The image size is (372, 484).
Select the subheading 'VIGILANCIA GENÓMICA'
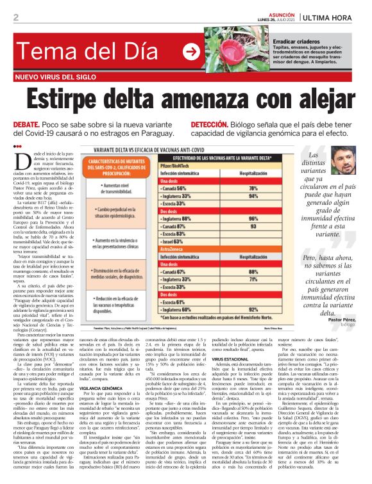103,388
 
